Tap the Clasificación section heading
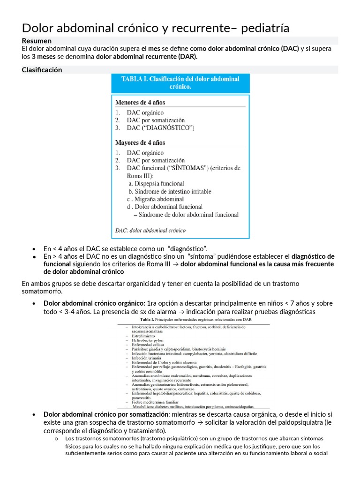pyautogui.click(x=42, y=70)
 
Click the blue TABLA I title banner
pyautogui.click(x=180, y=83)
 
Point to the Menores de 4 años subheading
pyautogui.click(x=140, y=102)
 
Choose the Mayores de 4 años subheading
pyautogui.click(x=140, y=142)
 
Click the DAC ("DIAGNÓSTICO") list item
pyautogui.click(x=160, y=128)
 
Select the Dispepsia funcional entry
pyautogui.click(x=157, y=184)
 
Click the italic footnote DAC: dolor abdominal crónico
pyautogui.click(x=150, y=230)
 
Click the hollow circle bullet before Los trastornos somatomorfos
pyautogui.click(x=56, y=439)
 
